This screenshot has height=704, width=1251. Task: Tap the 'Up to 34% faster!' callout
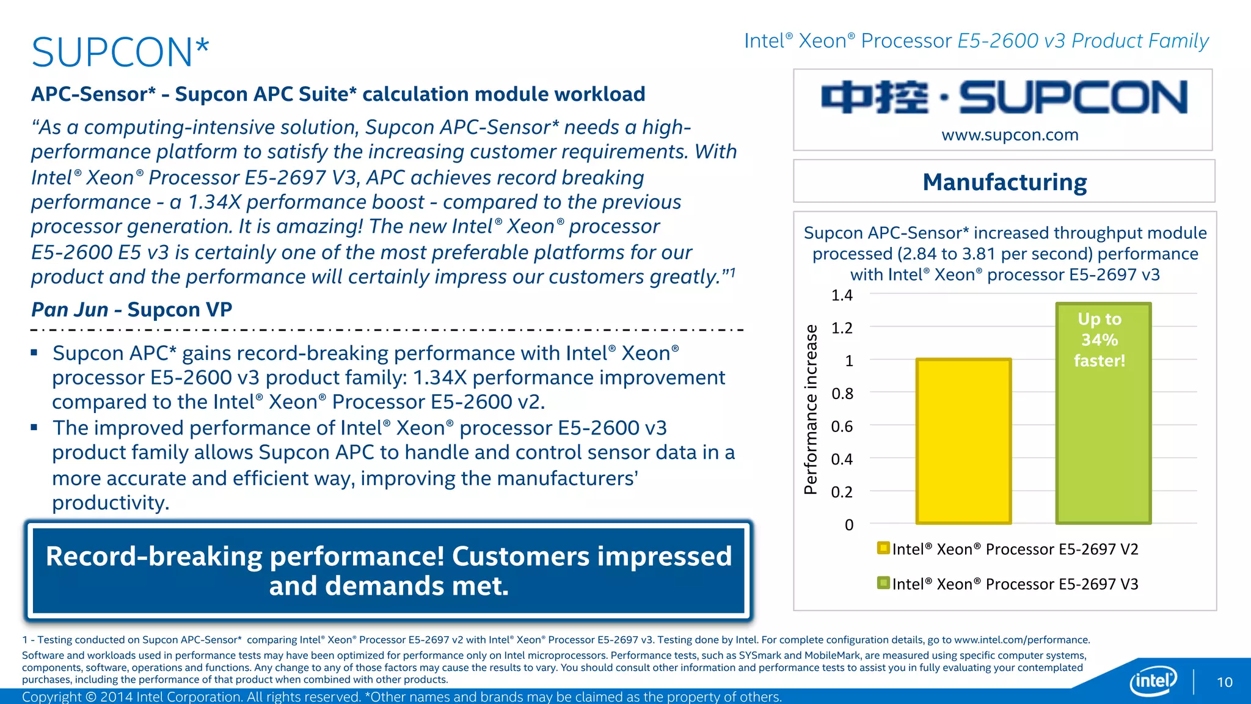pyautogui.click(x=1100, y=340)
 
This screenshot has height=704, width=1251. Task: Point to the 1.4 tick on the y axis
pyautogui.click(x=842, y=295)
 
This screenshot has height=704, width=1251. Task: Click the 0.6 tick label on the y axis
pyautogui.click(x=842, y=427)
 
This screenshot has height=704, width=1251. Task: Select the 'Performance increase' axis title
pyautogui.click(x=811, y=409)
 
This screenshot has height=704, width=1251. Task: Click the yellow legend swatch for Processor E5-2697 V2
pyautogui.click(x=883, y=548)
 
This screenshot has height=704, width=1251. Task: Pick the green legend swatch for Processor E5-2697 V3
pyautogui.click(x=883, y=582)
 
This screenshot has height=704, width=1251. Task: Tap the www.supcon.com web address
pyautogui.click(x=1010, y=134)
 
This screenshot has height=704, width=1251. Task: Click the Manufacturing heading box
pyautogui.click(x=1004, y=182)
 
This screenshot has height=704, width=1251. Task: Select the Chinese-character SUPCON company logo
pyautogui.click(x=1004, y=98)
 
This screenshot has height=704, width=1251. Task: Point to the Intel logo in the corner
pyautogui.click(x=1153, y=680)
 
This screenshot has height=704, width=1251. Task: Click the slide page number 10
pyautogui.click(x=1224, y=682)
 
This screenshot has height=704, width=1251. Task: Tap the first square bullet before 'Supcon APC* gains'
pyautogui.click(x=35, y=353)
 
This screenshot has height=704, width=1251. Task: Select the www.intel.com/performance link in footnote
pyautogui.click(x=1021, y=640)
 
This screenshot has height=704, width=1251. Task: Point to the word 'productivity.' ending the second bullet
pyautogui.click(x=111, y=503)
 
